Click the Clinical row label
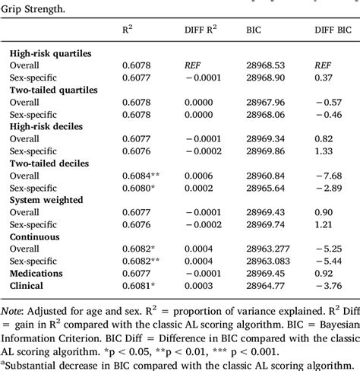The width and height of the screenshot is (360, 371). point(29,286)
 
